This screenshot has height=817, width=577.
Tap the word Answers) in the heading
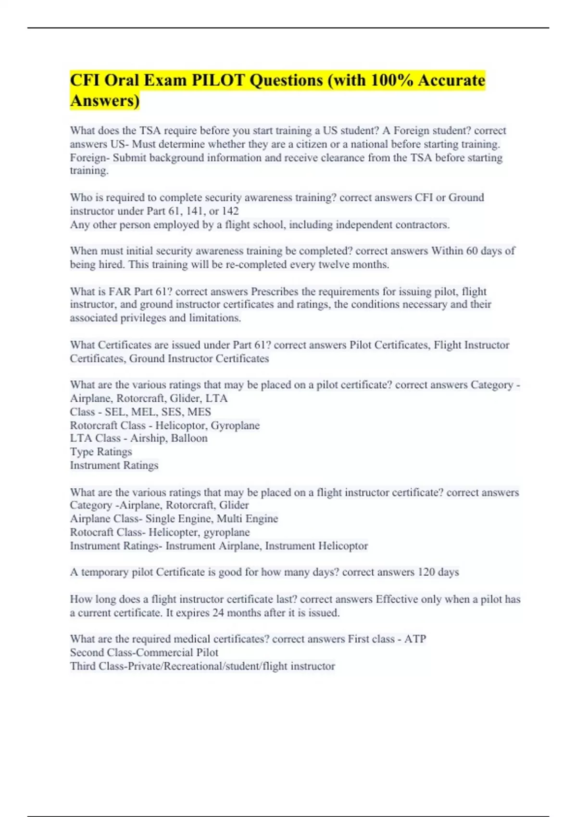105,101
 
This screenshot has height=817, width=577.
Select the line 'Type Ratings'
101,452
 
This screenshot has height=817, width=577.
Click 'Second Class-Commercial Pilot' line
144,653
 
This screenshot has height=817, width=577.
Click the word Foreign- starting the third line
90,158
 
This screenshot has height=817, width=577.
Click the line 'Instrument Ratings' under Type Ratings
114,465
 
